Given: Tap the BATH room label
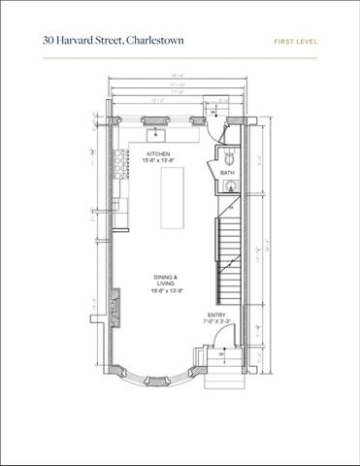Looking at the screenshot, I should tap(227, 173).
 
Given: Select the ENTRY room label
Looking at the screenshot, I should tap(216, 314).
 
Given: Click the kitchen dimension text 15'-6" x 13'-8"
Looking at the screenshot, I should tap(159, 162).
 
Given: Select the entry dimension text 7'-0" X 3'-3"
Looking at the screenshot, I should tap(216, 321).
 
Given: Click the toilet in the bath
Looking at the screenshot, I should tap(230, 155).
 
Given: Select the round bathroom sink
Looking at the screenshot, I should tap(231, 187).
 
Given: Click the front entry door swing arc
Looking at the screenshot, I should tap(221, 340).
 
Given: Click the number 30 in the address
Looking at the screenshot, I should tap(49, 41).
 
